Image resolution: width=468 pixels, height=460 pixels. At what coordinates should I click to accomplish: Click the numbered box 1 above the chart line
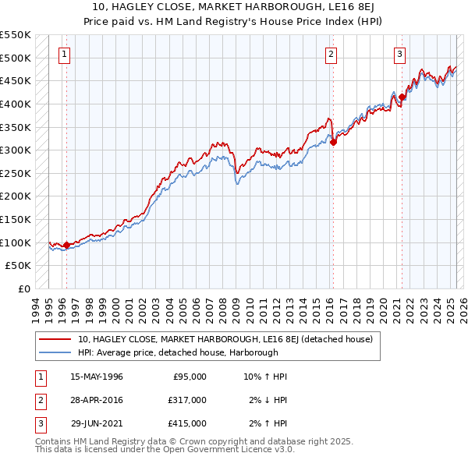pos(63,54)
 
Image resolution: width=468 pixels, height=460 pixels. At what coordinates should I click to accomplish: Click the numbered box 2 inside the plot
pos(331,54)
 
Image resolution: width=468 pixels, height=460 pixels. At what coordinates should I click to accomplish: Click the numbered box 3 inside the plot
pos(399,54)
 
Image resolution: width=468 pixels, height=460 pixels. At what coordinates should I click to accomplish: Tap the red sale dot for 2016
pos(333,142)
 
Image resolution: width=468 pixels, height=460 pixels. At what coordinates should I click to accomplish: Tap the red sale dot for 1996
pos(66,245)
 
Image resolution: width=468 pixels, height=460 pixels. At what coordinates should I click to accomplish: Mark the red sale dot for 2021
pos(402,97)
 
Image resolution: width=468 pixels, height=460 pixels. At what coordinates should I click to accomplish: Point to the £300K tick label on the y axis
pos(16,150)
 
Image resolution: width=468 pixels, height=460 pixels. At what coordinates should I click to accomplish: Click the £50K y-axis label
pos(19,266)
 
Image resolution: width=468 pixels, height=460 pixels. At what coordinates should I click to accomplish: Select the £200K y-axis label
pos(16,196)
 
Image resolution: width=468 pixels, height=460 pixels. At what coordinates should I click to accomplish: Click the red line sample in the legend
pos(55,339)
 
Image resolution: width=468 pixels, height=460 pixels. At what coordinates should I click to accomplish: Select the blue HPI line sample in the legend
pos(55,352)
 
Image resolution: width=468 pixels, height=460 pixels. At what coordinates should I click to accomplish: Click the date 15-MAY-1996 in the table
pos(96,377)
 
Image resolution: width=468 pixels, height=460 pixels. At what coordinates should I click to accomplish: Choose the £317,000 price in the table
pos(187,400)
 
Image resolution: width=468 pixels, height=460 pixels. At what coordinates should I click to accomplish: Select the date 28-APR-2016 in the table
pos(96,400)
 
